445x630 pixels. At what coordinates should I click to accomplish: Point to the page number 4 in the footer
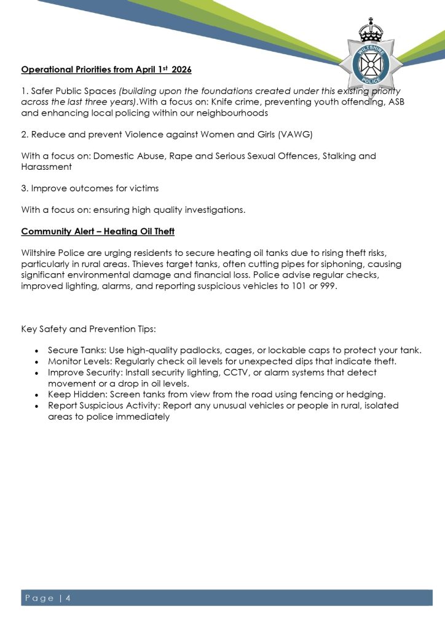click(68, 598)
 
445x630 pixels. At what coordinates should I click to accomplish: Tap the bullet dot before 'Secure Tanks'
click(38, 351)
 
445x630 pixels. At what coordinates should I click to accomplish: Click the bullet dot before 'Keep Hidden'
click(38, 395)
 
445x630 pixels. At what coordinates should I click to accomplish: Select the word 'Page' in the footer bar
click(41, 598)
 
